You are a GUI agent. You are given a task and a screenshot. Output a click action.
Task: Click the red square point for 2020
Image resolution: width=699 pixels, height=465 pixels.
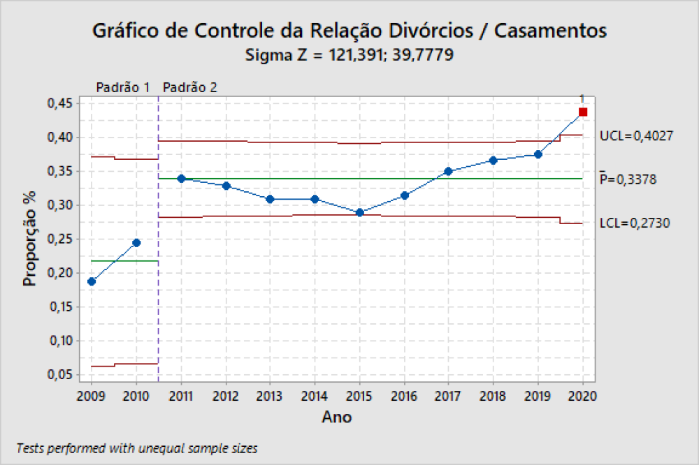[x=583, y=112]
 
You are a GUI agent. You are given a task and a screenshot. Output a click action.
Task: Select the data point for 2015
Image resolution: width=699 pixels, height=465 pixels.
[x=359, y=212]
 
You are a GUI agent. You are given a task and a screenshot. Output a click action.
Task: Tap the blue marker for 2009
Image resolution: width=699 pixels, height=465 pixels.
[x=92, y=281]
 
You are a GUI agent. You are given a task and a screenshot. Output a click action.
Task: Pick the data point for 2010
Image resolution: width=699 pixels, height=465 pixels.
[x=136, y=243]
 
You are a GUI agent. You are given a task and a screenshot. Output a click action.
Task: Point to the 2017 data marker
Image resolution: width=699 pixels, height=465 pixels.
[x=449, y=171]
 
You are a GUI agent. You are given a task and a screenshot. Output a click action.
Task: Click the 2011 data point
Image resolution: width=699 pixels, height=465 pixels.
[x=181, y=179]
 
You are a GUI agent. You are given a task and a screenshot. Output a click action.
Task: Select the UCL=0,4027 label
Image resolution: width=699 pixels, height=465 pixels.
[x=636, y=136]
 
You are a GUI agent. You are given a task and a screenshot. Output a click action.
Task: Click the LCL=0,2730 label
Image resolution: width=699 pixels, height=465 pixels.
[x=635, y=223]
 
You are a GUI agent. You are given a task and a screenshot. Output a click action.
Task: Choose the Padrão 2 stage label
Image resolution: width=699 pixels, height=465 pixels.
[x=189, y=88]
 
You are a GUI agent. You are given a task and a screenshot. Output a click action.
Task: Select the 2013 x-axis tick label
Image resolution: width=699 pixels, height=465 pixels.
[x=270, y=397]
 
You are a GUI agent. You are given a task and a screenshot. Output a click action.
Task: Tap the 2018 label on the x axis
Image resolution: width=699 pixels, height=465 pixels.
[x=493, y=397]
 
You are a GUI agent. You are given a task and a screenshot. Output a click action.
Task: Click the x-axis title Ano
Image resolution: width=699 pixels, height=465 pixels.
[x=337, y=418]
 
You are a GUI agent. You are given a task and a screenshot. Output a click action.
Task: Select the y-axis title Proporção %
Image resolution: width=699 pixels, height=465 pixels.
[x=29, y=239]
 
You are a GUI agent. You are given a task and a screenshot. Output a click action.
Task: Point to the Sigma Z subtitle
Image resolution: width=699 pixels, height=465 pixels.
[x=349, y=54]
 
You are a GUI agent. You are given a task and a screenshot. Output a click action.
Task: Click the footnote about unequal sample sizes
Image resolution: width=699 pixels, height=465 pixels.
[x=136, y=448]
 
